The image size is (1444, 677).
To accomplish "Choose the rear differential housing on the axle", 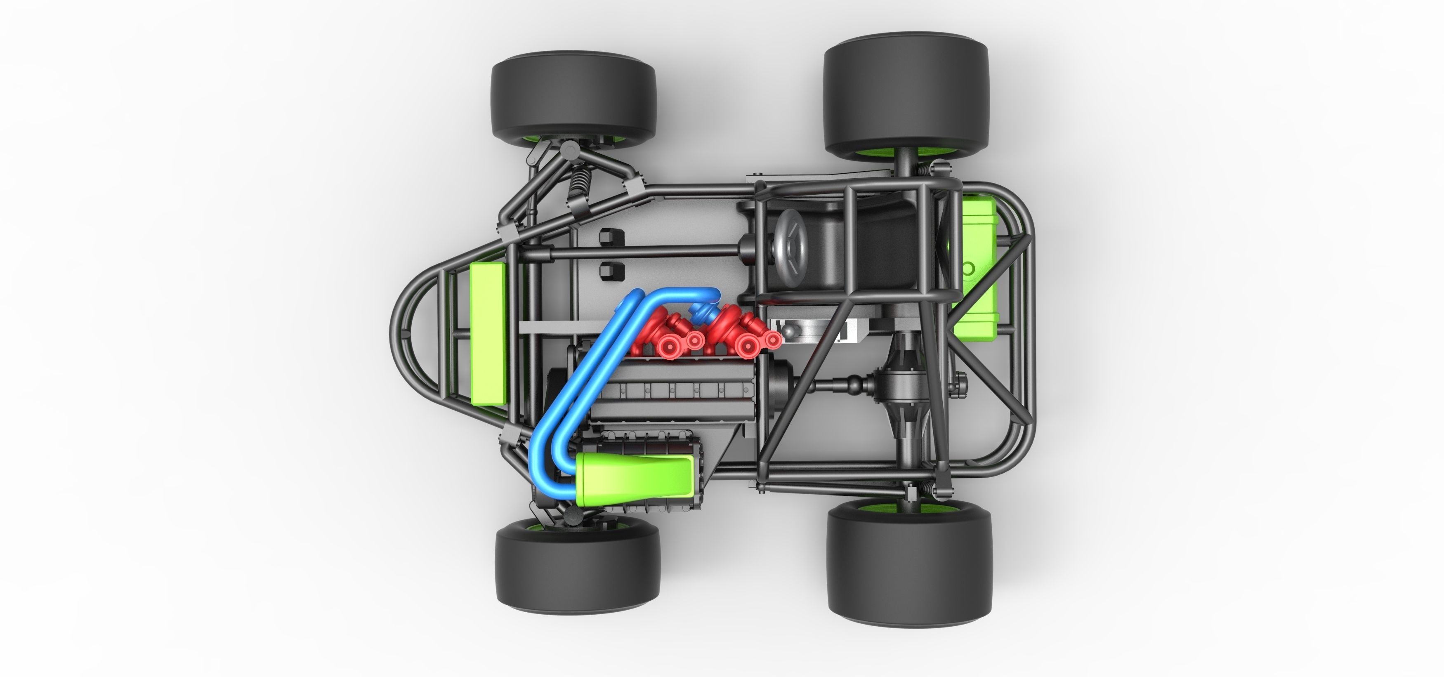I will tap(911, 387).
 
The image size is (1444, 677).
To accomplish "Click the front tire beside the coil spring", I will tap(573, 97).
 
